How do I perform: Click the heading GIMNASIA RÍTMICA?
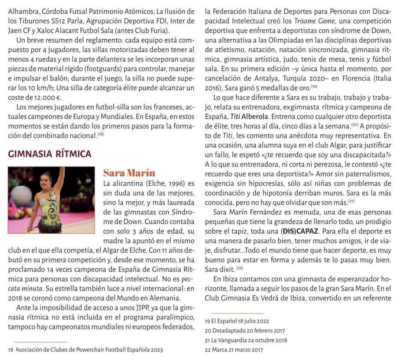click(x=49, y=154)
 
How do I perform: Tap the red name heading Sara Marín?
click(x=129, y=173)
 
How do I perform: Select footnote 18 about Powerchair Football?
click(x=85, y=350)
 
